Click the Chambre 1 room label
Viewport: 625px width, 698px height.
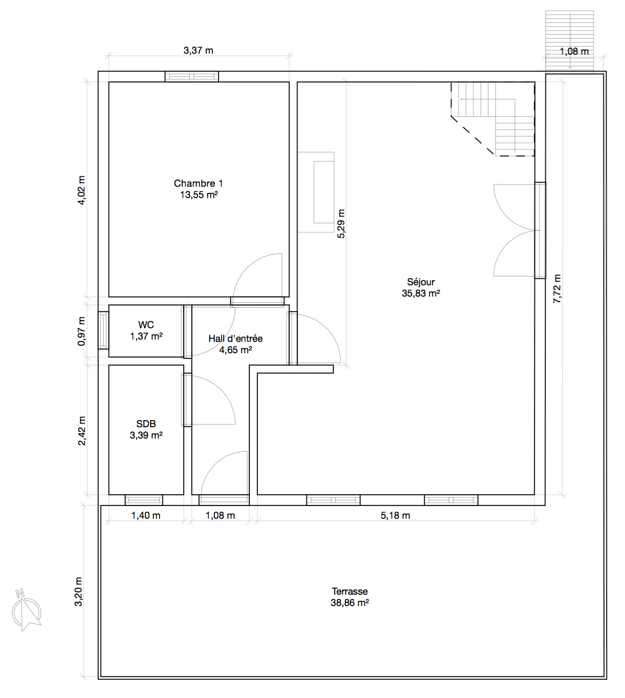(198, 183)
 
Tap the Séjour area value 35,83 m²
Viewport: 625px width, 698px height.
(421, 293)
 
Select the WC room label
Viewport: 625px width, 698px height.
(146, 325)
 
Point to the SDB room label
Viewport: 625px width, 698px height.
(146, 424)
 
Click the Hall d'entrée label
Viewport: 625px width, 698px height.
(236, 339)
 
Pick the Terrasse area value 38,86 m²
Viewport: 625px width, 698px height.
(350, 603)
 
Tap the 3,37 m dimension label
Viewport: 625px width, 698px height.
(198, 50)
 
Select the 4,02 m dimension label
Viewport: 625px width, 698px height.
(81, 190)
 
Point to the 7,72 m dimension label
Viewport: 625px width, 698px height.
(557, 289)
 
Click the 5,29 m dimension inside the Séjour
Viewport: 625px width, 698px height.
(341, 224)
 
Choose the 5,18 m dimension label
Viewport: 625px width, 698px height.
(395, 515)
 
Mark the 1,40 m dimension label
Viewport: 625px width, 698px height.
(146, 515)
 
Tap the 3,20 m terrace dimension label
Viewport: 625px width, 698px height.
(79, 591)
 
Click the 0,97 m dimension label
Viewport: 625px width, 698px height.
(81, 331)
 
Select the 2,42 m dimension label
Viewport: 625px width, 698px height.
(81, 431)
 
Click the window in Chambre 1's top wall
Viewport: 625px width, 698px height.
(192, 76)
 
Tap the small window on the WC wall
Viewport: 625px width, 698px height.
(103, 330)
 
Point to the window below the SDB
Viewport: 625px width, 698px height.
(144, 500)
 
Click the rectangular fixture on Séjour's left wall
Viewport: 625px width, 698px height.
(316, 192)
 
